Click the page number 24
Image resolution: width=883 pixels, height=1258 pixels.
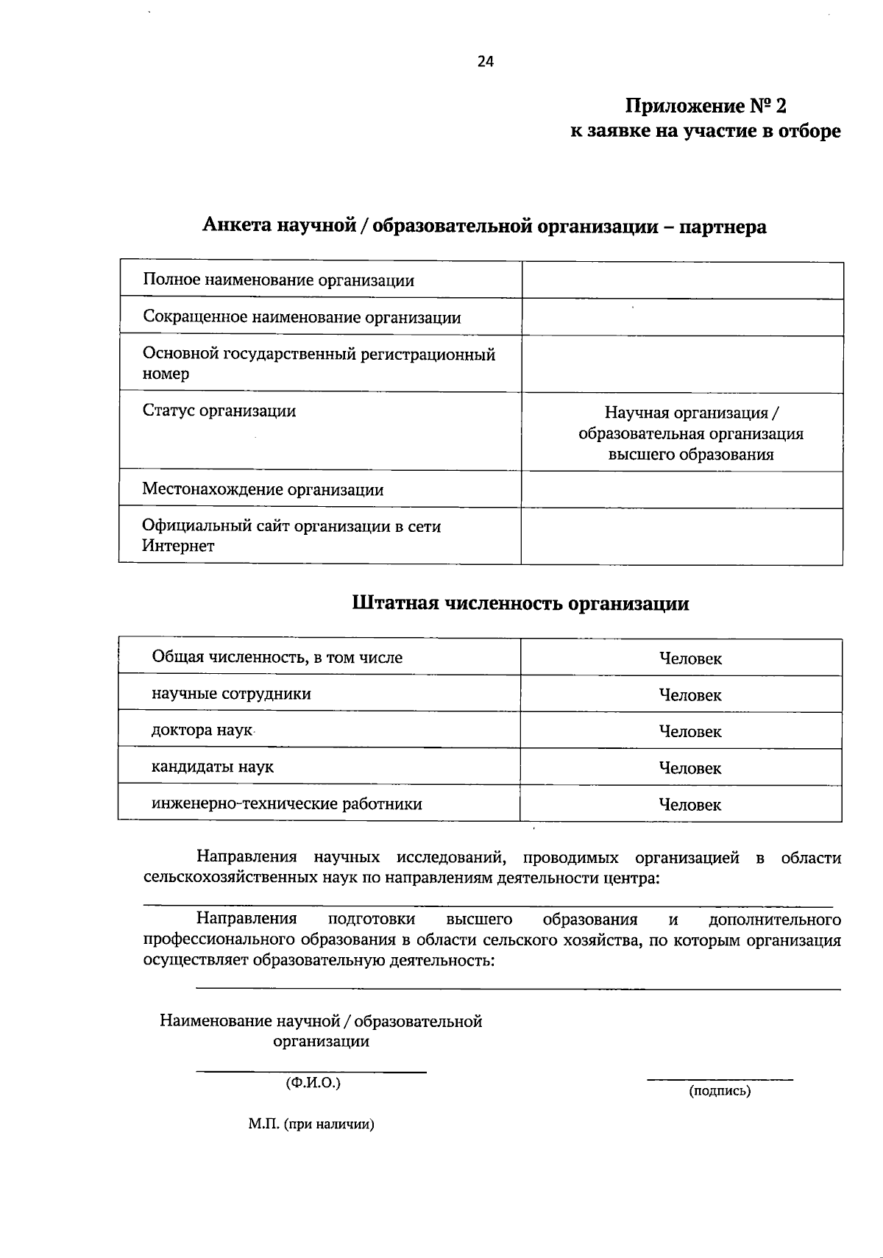coord(486,62)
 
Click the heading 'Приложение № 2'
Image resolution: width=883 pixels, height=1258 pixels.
coord(706,107)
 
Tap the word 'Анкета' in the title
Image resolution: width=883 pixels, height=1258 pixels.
coord(237,226)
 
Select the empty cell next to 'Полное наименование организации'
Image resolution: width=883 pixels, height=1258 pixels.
coord(682,280)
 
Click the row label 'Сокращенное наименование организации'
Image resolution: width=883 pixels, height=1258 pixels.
coord(302,317)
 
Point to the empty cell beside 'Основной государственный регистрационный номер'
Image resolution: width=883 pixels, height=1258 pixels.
coord(682,364)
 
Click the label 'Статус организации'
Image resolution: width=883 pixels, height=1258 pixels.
coord(219,411)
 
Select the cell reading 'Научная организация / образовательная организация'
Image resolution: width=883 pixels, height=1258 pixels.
coord(690,433)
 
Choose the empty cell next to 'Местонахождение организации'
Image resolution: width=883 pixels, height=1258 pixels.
coord(682,489)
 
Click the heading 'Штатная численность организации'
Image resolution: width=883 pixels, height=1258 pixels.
coord(521,603)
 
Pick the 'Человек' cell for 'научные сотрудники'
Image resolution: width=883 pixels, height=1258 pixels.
coord(690,694)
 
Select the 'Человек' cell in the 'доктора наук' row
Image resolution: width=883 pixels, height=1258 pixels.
coord(690,731)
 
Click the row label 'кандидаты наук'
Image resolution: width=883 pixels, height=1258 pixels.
coord(213,767)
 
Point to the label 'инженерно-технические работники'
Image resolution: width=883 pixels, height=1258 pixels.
coord(287,803)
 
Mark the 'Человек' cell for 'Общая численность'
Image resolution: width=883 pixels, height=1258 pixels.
coord(690,658)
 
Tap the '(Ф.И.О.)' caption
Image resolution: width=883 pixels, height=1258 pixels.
coord(313,1083)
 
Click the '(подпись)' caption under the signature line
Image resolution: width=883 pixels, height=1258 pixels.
coord(720,1091)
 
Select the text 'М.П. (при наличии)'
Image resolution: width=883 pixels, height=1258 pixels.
coord(311,1124)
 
